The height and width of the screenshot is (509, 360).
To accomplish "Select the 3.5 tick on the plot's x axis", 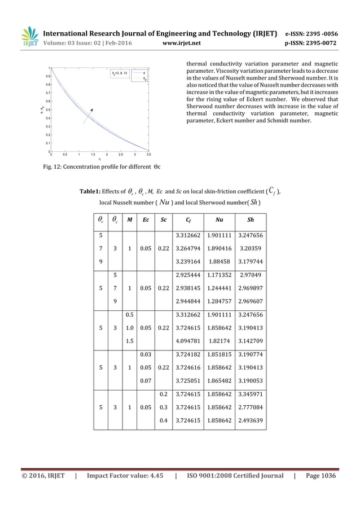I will point(148,155).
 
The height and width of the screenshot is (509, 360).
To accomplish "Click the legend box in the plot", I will point(129,76).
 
